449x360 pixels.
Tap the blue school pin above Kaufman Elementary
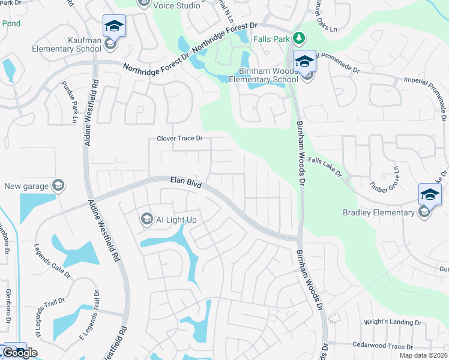click(114, 26)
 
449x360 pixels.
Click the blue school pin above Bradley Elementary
click(430, 194)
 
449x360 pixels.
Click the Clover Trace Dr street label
click(180, 139)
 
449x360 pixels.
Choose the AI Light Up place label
click(176, 220)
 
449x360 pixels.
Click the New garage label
click(26, 187)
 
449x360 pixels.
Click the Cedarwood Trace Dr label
click(382, 347)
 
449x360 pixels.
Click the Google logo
click(20, 353)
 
